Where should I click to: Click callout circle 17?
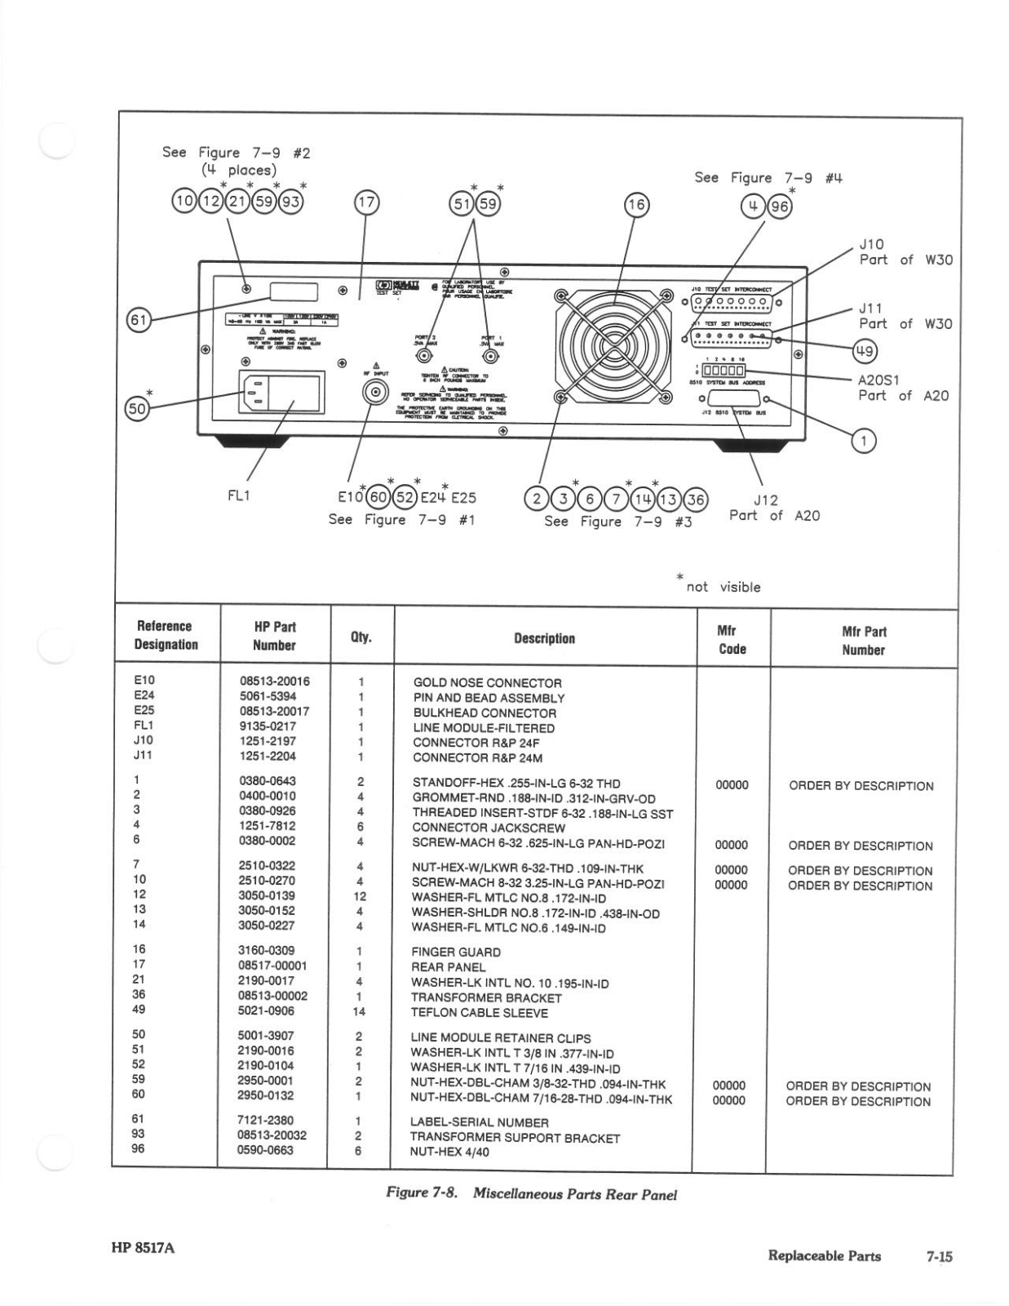[x=367, y=202]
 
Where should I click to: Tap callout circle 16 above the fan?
[x=636, y=206]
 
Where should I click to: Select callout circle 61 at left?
[x=139, y=320]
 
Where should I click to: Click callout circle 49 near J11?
[x=865, y=352]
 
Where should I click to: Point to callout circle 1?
[x=863, y=442]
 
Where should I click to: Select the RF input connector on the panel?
[x=375, y=393]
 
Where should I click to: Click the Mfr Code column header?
[x=732, y=639]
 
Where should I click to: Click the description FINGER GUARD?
[x=456, y=952]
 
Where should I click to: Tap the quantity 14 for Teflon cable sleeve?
[x=359, y=1011]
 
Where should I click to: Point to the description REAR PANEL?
[x=449, y=967]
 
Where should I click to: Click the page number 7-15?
[x=939, y=1256]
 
